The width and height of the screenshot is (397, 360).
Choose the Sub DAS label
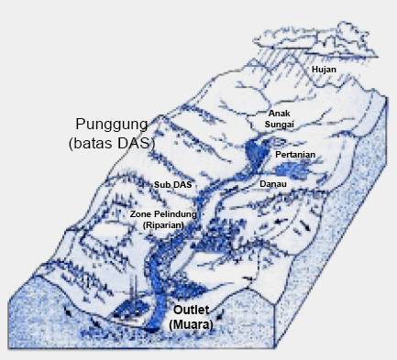click(x=173, y=184)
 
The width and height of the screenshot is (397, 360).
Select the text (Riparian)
click(x=164, y=224)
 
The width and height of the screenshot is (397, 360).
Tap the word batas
click(x=89, y=144)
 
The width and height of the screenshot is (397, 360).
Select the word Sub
click(x=161, y=184)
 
